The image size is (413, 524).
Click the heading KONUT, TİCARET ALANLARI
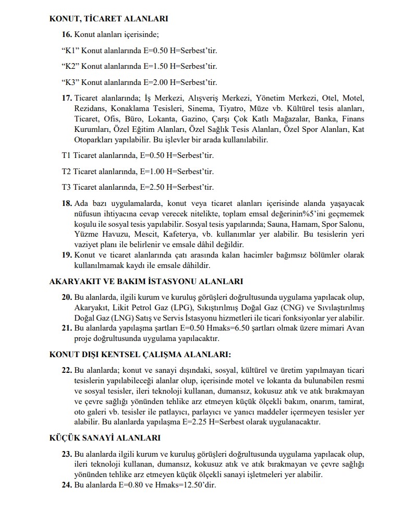[108, 19]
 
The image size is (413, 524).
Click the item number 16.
[67, 34]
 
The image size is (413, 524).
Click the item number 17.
[67, 98]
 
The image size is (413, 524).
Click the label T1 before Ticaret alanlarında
[66, 155]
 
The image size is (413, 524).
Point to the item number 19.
[67, 255]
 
